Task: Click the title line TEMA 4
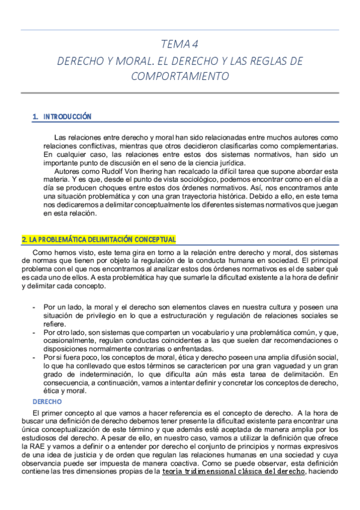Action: click(180, 45)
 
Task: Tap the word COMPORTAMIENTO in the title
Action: click(180, 76)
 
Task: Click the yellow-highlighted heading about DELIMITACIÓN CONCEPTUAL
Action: click(99, 239)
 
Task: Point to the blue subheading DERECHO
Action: click(47, 401)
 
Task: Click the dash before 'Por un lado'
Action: click(34, 307)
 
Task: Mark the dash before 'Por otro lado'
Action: click(34, 332)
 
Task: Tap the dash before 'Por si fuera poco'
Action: click(34, 357)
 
